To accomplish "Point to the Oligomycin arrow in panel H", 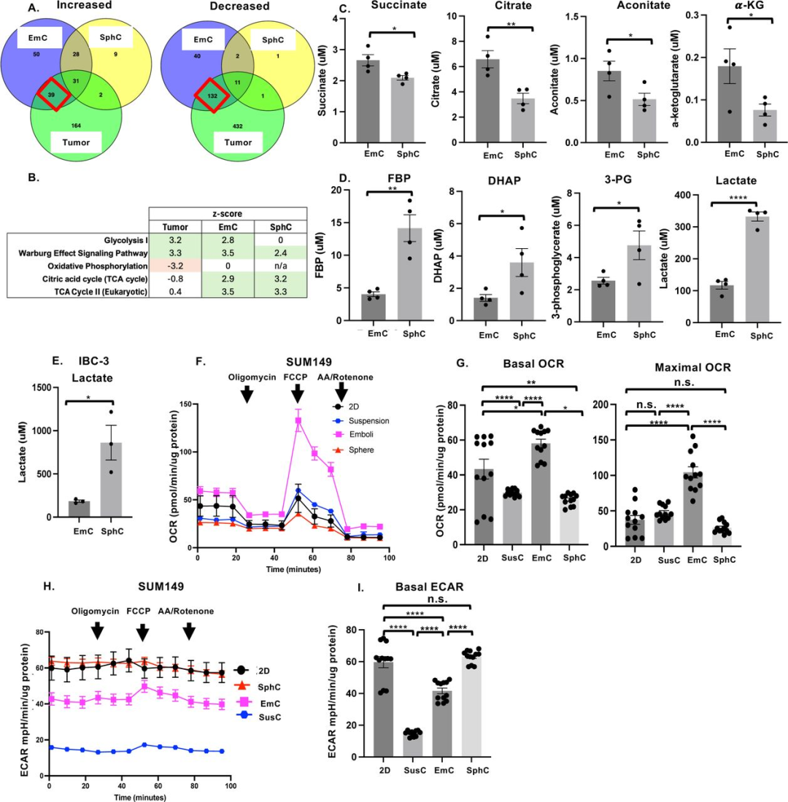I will pos(96,629).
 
